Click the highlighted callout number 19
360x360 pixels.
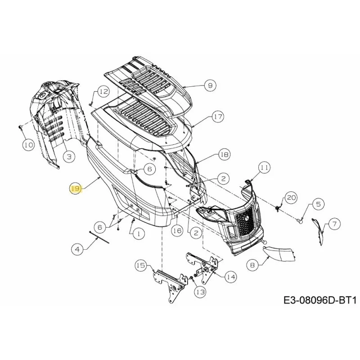coord(76,189)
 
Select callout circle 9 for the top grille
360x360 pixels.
coord(210,85)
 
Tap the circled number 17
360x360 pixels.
coord(218,117)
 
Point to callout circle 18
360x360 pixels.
coord(224,154)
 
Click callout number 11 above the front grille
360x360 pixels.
coord(264,167)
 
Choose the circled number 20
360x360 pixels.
coord(291,198)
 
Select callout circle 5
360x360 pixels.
coord(318,204)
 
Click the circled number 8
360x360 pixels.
coord(252,265)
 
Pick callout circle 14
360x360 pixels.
coord(231,277)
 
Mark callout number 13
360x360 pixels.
coord(200,292)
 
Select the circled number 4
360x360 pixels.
coord(77,249)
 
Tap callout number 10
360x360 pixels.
coord(29,145)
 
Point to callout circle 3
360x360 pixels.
coord(69,157)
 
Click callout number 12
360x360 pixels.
coord(103,92)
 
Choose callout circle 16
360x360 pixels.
coord(178,231)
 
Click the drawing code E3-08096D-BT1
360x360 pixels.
coord(320,300)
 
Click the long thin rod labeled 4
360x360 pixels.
coord(99,237)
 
